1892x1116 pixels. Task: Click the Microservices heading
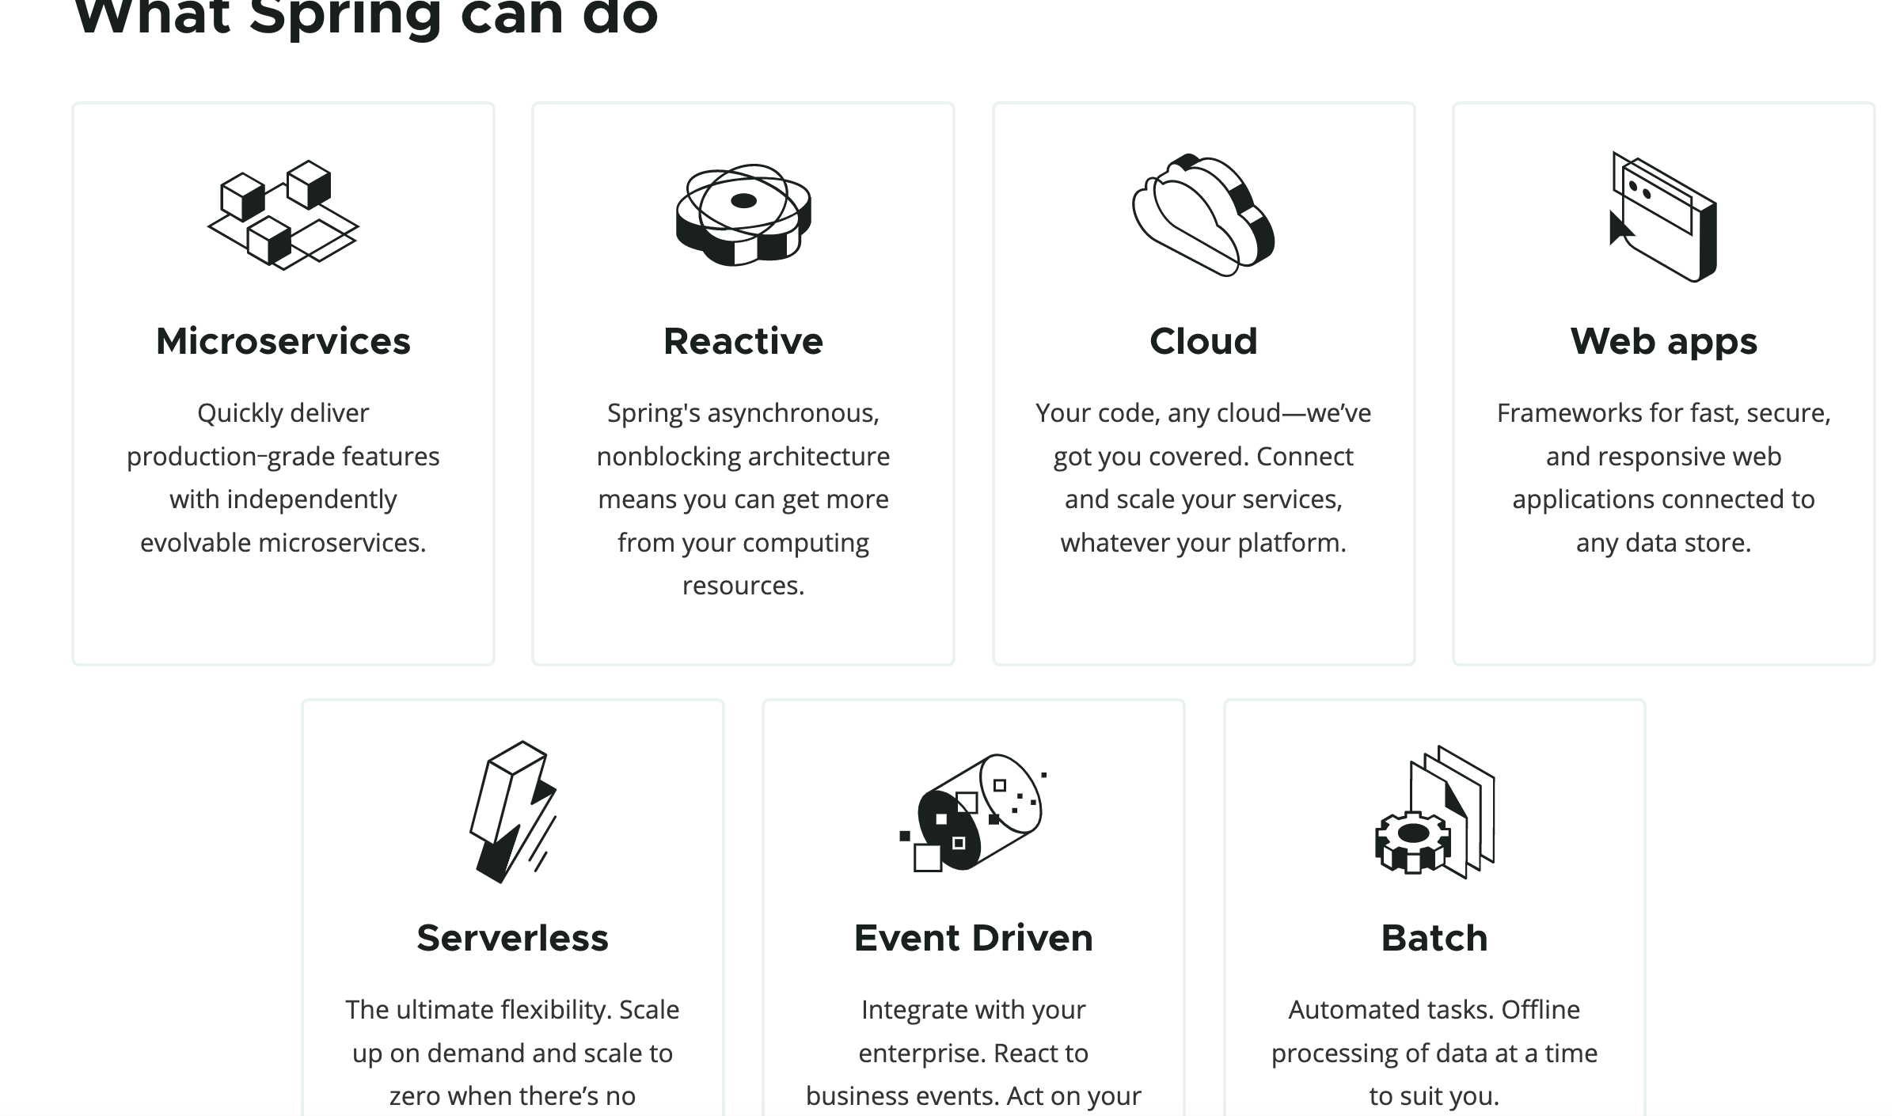(x=283, y=342)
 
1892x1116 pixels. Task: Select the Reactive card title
(x=743, y=342)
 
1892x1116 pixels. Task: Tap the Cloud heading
(x=1203, y=342)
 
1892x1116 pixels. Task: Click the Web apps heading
(x=1663, y=342)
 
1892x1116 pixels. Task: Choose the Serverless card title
(x=512, y=939)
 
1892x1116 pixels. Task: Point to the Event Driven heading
(x=973, y=939)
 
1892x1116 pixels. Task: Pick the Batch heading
(x=1434, y=939)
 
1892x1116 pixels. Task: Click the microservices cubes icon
(x=283, y=214)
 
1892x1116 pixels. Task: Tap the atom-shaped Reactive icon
(x=743, y=214)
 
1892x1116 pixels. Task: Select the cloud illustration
(x=1203, y=214)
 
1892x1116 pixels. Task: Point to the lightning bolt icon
(x=512, y=810)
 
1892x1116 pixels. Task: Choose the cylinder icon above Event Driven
(x=973, y=812)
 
